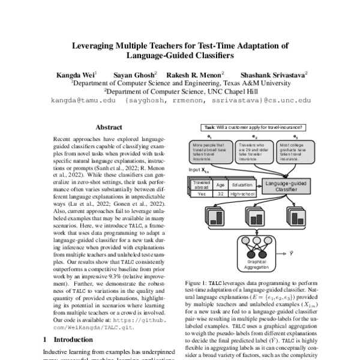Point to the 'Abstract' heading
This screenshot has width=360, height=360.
click(109, 128)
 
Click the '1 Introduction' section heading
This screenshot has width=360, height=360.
click(68, 340)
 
